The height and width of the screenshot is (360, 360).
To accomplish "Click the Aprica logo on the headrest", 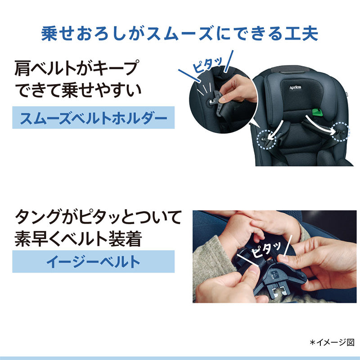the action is click(295, 87).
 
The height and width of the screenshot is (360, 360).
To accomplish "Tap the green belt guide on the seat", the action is click(317, 112).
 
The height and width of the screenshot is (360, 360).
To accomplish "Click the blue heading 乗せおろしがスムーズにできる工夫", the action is click(180, 33).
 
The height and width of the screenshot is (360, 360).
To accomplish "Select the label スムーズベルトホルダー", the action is click(94, 118).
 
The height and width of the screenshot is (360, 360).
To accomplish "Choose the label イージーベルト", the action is click(94, 261).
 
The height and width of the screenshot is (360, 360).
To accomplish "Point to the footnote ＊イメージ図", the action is click(332, 342).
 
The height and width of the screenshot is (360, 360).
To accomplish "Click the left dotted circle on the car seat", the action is click(266, 139).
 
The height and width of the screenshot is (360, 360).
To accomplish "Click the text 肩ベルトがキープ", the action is click(77, 68).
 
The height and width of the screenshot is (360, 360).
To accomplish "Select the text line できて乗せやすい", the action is click(78, 90).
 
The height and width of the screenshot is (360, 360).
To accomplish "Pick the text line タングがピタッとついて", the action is click(98, 217).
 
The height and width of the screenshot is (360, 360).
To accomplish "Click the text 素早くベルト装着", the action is click(78, 239).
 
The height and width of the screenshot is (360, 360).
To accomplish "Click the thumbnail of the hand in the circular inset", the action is click(222, 99).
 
